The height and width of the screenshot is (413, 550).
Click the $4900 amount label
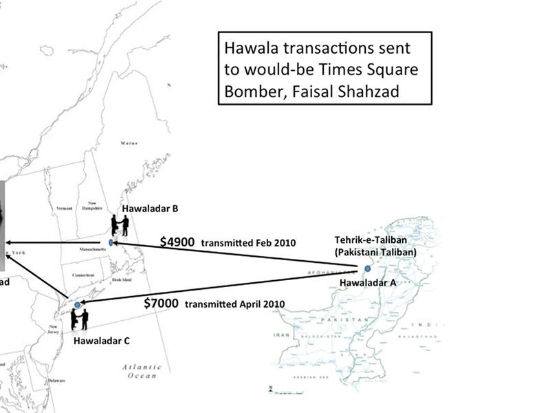[x=178, y=242]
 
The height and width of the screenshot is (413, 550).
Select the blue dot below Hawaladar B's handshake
[x=111, y=243]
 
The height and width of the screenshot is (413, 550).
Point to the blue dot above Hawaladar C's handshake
[x=78, y=304]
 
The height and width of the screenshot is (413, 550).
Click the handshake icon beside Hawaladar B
[x=120, y=225]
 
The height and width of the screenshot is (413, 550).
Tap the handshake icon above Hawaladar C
[x=80, y=319]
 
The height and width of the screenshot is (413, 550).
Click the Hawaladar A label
[x=368, y=283]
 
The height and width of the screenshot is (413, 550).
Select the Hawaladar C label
[x=101, y=340]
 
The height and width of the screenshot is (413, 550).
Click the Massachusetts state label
[x=83, y=248]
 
